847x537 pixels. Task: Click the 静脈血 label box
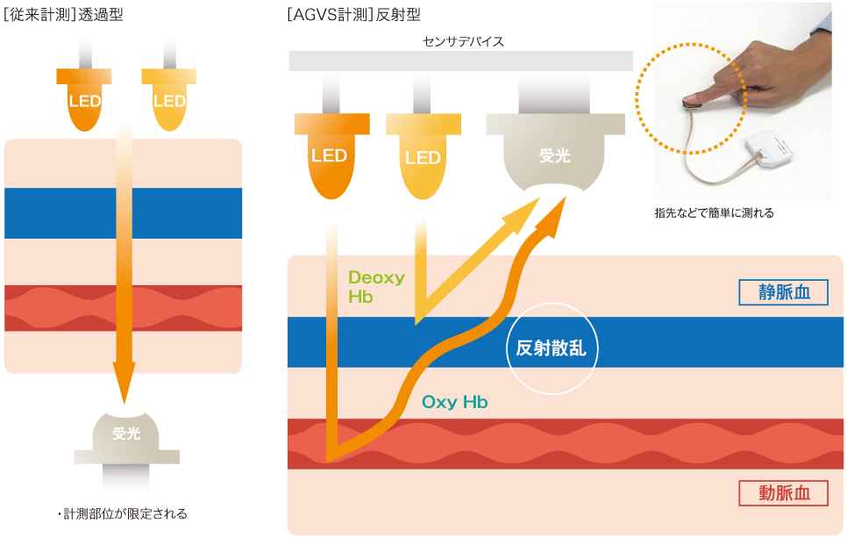[783, 292]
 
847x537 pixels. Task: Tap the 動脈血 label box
[783, 493]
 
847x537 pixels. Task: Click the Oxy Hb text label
[454, 403]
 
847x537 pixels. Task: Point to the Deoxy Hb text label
[376, 287]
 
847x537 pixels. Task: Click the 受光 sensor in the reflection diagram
[553, 158]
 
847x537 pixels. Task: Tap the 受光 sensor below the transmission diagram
[127, 433]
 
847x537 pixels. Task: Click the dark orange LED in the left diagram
[85, 99]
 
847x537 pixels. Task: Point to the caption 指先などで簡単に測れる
[714, 213]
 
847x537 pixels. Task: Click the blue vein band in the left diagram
[123, 213]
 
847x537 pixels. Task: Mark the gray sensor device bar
[460, 61]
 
